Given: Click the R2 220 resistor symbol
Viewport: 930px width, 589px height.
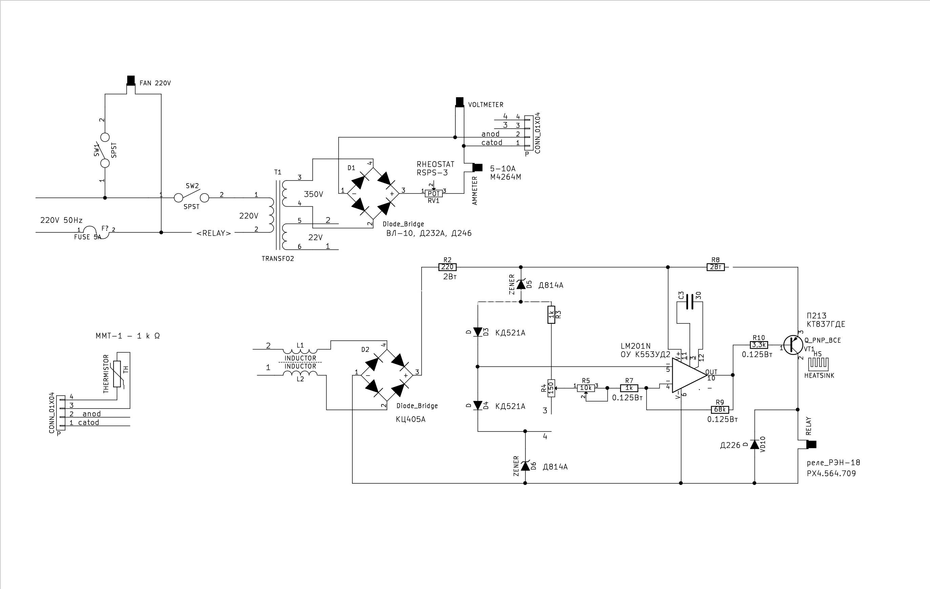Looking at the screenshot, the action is (447, 267).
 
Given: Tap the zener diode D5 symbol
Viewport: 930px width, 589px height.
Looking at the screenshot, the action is (521, 285).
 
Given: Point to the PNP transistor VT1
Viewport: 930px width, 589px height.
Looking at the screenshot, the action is (793, 345).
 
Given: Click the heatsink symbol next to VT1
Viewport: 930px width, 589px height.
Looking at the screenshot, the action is (819, 363).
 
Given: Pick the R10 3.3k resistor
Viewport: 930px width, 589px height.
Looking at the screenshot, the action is (759, 345).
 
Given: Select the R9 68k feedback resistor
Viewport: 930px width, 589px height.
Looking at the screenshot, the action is (720, 409).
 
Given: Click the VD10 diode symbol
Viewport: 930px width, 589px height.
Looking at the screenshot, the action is (754, 444).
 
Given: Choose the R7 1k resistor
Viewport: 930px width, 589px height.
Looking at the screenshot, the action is (629, 388).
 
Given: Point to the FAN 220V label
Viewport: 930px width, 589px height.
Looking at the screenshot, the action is (155, 83).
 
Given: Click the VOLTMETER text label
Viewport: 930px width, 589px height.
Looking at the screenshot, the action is (485, 105).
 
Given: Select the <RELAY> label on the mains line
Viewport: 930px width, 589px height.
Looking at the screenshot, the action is (213, 233).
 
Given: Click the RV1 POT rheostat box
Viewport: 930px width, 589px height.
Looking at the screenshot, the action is (434, 193).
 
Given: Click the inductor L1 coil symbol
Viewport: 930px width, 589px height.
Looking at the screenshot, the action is (300, 351).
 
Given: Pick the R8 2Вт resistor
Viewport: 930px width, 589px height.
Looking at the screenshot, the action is (716, 267).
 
